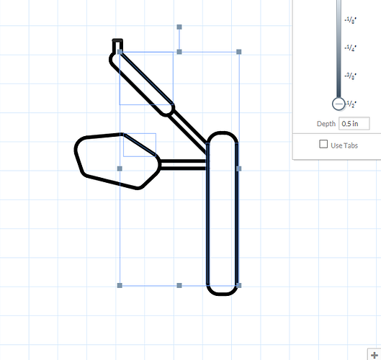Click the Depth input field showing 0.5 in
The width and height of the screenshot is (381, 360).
(x=354, y=124)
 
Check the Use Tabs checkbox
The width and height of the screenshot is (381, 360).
(x=323, y=145)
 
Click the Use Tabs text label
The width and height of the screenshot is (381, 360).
(x=344, y=145)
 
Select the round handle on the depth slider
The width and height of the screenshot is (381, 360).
(x=339, y=104)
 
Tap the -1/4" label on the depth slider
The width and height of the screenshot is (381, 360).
(x=351, y=48)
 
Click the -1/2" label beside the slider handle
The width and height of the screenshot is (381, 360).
(x=353, y=104)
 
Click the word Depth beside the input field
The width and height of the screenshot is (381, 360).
(x=326, y=124)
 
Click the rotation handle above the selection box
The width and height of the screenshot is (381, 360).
(x=179, y=27)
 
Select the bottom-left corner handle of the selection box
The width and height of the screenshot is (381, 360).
(x=120, y=286)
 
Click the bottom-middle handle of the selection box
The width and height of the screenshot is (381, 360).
(x=179, y=286)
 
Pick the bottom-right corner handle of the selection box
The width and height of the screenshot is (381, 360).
(x=239, y=286)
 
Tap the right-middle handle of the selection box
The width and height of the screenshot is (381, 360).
(x=239, y=168)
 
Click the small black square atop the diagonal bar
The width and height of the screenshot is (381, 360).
(x=117, y=45)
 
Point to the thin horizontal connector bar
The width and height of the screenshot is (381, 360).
(x=183, y=164)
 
